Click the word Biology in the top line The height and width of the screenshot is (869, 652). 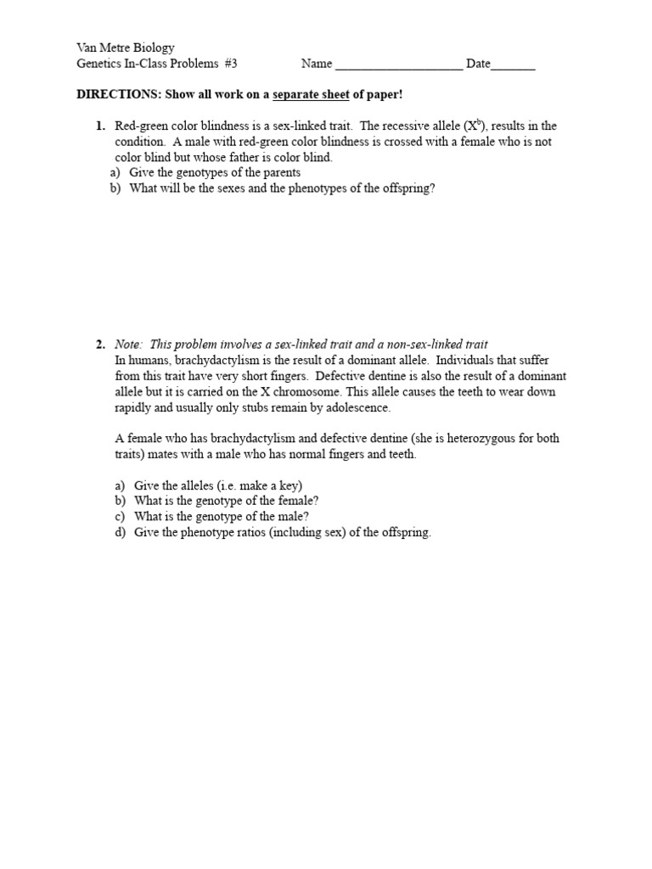(153, 48)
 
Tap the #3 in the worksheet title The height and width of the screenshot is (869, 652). (228, 64)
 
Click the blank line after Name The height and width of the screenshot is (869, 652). (399, 64)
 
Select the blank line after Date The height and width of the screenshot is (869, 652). (513, 64)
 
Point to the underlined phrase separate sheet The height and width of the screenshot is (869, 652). (311, 95)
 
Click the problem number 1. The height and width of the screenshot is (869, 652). (100, 126)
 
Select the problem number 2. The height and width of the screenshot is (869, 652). (100, 345)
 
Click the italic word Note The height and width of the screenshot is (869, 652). (129, 345)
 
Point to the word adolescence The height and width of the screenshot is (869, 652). (356, 407)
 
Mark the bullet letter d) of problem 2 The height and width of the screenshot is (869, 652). (120, 532)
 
